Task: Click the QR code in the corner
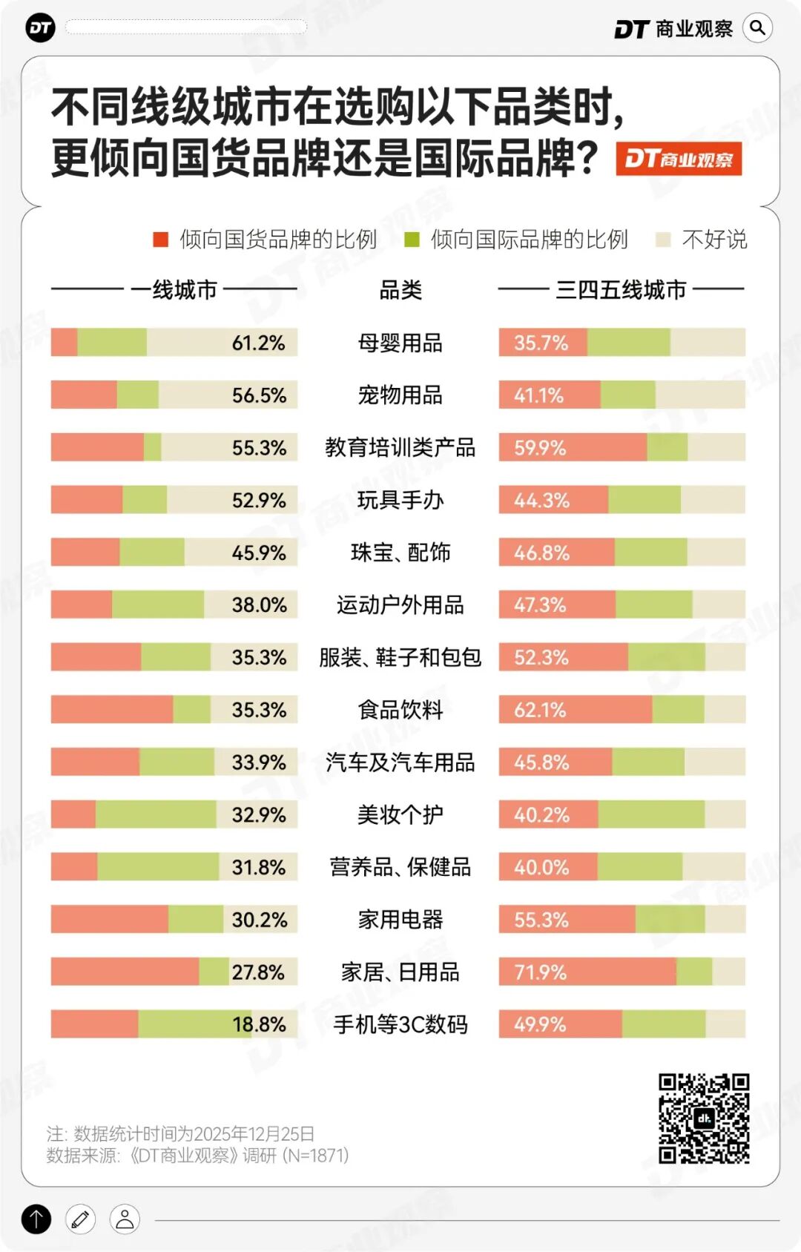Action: pos(704,1118)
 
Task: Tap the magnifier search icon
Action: pos(757,28)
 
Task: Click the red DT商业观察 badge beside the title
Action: pos(679,159)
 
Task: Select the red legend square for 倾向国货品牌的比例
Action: pos(160,239)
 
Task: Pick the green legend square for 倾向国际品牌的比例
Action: pos(412,239)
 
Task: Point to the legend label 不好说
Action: pos(714,239)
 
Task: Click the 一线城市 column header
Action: pos(174,289)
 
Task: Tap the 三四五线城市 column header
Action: pos(621,289)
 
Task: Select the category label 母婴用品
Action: pos(400,343)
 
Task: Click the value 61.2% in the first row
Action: pos(258,343)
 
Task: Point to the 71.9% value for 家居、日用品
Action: pos(540,972)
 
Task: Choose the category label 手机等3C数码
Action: pos(400,1024)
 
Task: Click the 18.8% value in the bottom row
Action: pos(259,1024)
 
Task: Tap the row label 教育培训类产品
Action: pos(400,447)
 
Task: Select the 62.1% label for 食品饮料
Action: pos(540,710)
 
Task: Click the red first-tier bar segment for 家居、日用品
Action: pos(125,972)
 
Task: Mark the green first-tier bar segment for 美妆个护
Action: pos(156,814)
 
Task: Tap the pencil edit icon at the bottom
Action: pos(80,1219)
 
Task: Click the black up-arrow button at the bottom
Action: pos(36,1219)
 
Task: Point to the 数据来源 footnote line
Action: pos(197,1155)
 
